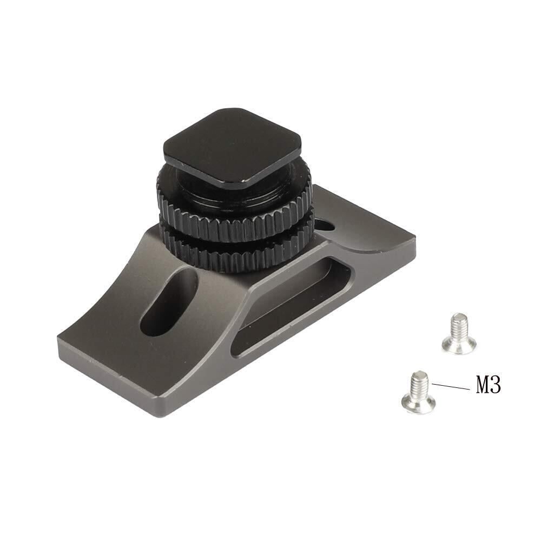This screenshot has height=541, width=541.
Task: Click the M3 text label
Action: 488,385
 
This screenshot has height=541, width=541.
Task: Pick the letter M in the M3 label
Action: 483,385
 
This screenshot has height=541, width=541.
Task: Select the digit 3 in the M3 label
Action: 496,385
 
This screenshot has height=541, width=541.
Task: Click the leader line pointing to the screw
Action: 450,386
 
